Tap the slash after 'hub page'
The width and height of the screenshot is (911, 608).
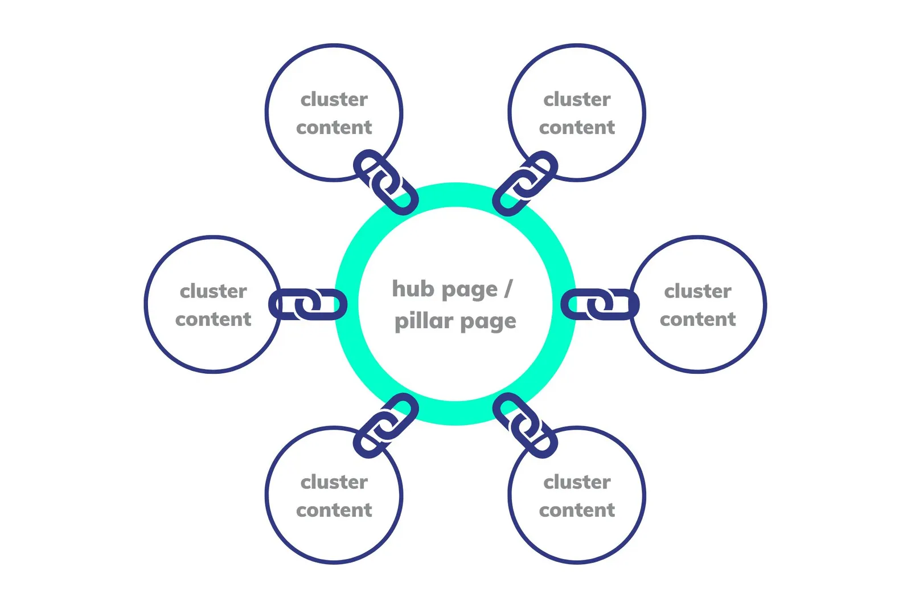(508, 289)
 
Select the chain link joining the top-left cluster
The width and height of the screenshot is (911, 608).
(386, 182)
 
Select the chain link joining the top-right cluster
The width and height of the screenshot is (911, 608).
(525, 183)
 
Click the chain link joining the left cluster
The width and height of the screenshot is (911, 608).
(308, 304)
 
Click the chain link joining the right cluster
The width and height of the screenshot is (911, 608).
(600, 304)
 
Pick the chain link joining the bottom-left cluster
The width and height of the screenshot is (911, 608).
(386, 425)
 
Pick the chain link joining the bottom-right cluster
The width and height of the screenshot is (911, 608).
(525, 425)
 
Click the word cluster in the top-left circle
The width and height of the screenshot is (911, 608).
(334, 99)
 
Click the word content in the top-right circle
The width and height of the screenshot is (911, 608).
(577, 128)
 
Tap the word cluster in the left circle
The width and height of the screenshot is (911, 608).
(214, 291)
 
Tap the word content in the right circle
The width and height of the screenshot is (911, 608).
(698, 319)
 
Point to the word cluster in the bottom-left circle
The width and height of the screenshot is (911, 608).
(334, 482)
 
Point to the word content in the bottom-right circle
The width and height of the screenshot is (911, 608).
(577, 510)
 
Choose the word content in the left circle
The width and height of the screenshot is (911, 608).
(214, 319)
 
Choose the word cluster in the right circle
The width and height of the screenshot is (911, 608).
(698, 291)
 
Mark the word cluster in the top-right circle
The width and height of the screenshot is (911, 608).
(577, 99)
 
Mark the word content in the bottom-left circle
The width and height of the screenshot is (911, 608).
(334, 510)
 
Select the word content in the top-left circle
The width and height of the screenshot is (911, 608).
(334, 128)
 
